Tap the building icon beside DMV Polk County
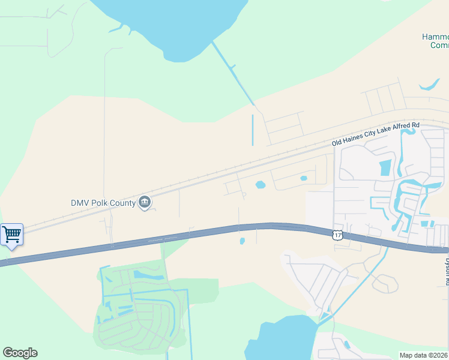pyautogui.click(x=144, y=203)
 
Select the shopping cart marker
pyautogui.click(x=11, y=235)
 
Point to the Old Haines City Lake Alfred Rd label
pyautogui.click(x=375, y=134)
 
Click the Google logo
pyautogui.click(x=20, y=353)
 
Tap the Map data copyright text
pyautogui.click(x=424, y=355)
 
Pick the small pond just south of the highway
pyautogui.click(x=243, y=241)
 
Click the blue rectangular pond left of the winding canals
pyautogui.click(x=385, y=167)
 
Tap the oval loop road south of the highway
pyautogui.click(x=385, y=283)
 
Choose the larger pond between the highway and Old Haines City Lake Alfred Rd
pyautogui.click(x=261, y=185)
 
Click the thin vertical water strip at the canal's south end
pyautogui.click(x=253, y=129)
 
